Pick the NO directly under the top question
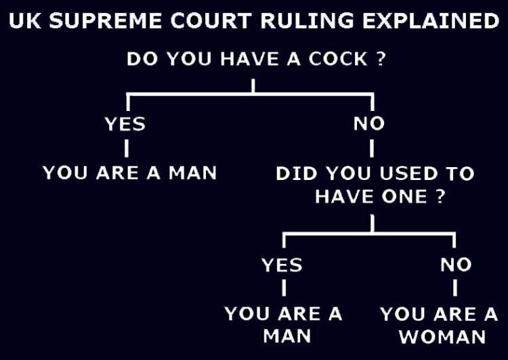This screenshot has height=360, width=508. [x=369, y=124]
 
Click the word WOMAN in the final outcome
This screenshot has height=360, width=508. [x=442, y=336]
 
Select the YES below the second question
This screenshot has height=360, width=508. [x=282, y=265]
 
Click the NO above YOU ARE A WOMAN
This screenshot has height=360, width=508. [x=455, y=265]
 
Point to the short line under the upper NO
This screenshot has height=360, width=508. [x=372, y=147]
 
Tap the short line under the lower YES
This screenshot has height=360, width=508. [x=283, y=288]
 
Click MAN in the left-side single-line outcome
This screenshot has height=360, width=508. [x=192, y=173]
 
